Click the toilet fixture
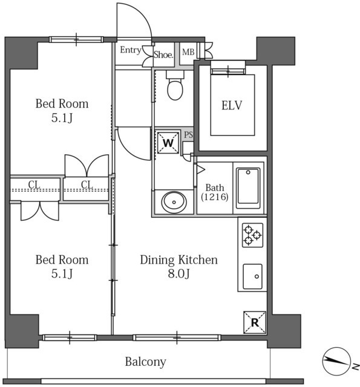(175, 85)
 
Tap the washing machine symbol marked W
(168, 143)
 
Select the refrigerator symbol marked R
(255, 322)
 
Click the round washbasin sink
(174, 202)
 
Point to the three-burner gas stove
(252, 235)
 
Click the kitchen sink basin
(252, 276)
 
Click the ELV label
(232, 105)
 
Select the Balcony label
(145, 362)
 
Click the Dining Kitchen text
(178, 260)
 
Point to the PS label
(188, 135)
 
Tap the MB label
(188, 52)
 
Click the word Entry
(131, 50)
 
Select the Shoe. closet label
(163, 54)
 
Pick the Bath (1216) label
(215, 192)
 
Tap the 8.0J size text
(178, 274)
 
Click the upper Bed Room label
(62, 104)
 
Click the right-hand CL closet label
(87, 184)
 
